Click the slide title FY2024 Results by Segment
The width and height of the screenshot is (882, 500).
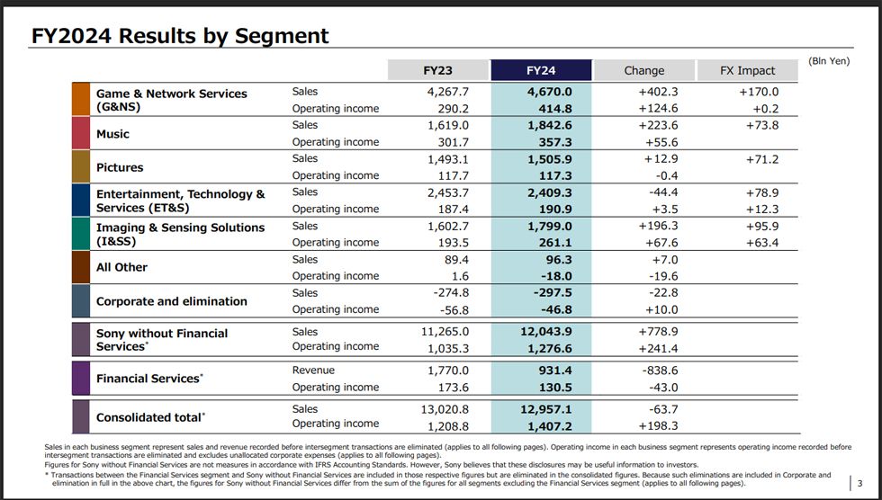coord(180,35)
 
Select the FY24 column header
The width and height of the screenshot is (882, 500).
coord(541,70)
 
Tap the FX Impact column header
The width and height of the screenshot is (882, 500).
coord(748,70)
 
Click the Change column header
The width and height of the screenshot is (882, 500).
coord(644,70)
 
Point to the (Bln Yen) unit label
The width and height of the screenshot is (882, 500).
coord(829,60)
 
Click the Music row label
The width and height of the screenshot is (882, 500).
coord(112,134)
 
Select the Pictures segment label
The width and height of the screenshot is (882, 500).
coord(120,167)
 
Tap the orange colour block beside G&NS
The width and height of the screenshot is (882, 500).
coord(81,99)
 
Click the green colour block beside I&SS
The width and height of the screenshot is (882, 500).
coord(81,234)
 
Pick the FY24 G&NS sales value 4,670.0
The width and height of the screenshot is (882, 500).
coord(550,92)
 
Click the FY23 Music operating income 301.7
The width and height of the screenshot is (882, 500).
coord(454,142)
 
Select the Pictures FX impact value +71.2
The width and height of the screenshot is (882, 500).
coord(762,159)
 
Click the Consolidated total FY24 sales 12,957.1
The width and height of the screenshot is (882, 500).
coord(546,409)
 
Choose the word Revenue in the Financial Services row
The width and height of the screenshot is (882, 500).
coord(313,371)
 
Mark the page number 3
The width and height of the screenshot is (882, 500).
coord(859,483)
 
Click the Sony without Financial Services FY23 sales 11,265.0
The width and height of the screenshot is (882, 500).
coord(445,332)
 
